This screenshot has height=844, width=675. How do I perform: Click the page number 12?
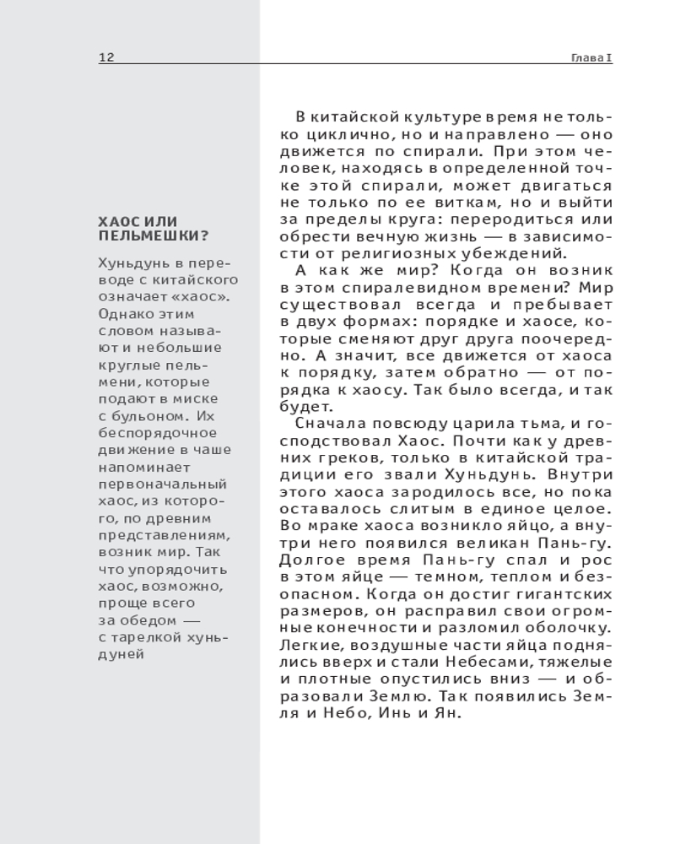coord(106,57)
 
